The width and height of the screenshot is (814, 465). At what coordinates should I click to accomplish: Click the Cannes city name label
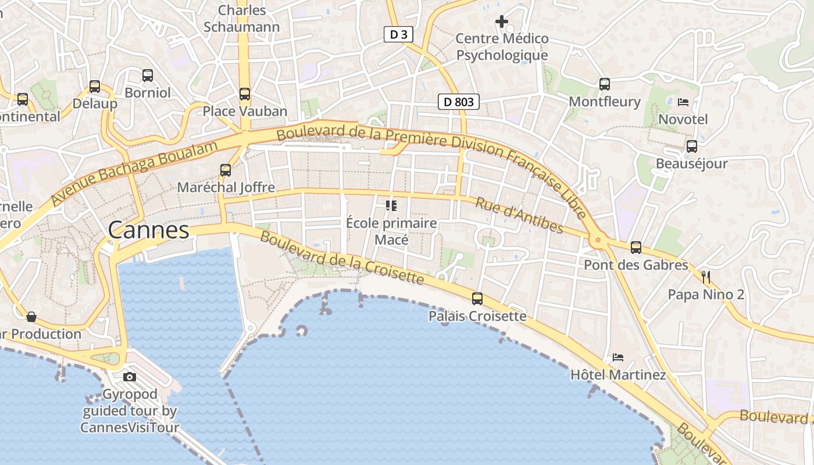(x=149, y=230)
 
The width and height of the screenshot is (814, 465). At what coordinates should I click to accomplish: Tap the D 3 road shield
(x=398, y=35)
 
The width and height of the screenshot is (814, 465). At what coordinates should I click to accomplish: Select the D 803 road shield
(x=458, y=102)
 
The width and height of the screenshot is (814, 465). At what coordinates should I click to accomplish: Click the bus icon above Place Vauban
(x=245, y=94)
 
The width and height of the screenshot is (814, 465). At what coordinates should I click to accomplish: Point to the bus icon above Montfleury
(x=605, y=84)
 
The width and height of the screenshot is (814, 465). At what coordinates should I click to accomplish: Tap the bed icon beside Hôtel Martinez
(x=617, y=357)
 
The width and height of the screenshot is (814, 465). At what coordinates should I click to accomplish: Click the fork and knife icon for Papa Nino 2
(x=706, y=277)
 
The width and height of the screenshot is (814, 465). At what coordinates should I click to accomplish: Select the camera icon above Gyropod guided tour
(x=130, y=377)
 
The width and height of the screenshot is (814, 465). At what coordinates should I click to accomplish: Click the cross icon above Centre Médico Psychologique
(x=502, y=22)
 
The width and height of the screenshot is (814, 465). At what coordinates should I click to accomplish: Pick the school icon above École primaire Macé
(x=391, y=205)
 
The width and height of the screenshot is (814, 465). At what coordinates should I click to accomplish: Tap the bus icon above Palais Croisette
(x=477, y=299)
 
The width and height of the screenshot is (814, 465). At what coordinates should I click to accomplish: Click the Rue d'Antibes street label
(x=519, y=215)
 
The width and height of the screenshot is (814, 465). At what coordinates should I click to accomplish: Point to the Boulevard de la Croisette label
(x=342, y=257)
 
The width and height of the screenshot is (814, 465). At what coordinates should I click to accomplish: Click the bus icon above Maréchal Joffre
(x=226, y=170)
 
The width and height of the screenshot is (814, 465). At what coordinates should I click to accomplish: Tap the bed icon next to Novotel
(x=683, y=102)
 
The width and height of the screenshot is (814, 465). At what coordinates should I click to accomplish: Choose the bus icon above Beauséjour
(x=692, y=146)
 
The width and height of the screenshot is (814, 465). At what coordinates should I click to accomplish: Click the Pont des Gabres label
(x=636, y=265)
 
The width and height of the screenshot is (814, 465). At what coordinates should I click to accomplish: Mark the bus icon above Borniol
(x=148, y=75)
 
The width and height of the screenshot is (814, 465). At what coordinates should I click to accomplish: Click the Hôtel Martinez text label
(x=618, y=375)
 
